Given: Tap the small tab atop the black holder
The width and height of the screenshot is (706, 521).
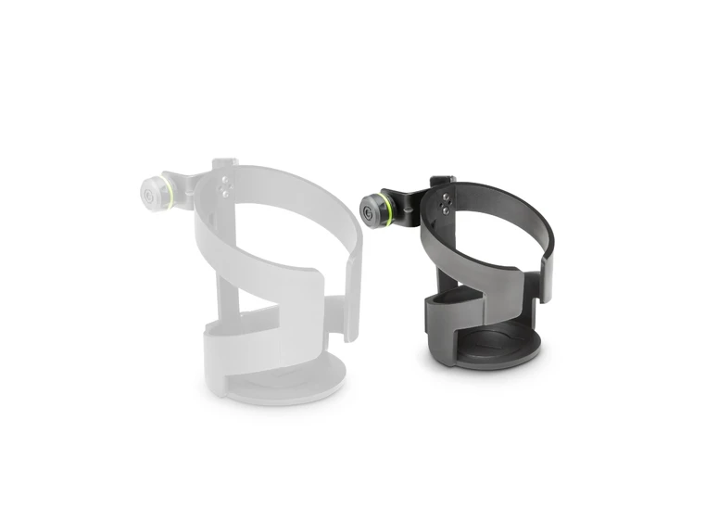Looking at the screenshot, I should pyautogui.click(x=444, y=179).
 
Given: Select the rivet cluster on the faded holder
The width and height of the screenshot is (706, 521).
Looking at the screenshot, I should pyautogui.click(x=224, y=185).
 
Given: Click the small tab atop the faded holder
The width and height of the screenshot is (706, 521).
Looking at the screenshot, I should pyautogui.click(x=223, y=164).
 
